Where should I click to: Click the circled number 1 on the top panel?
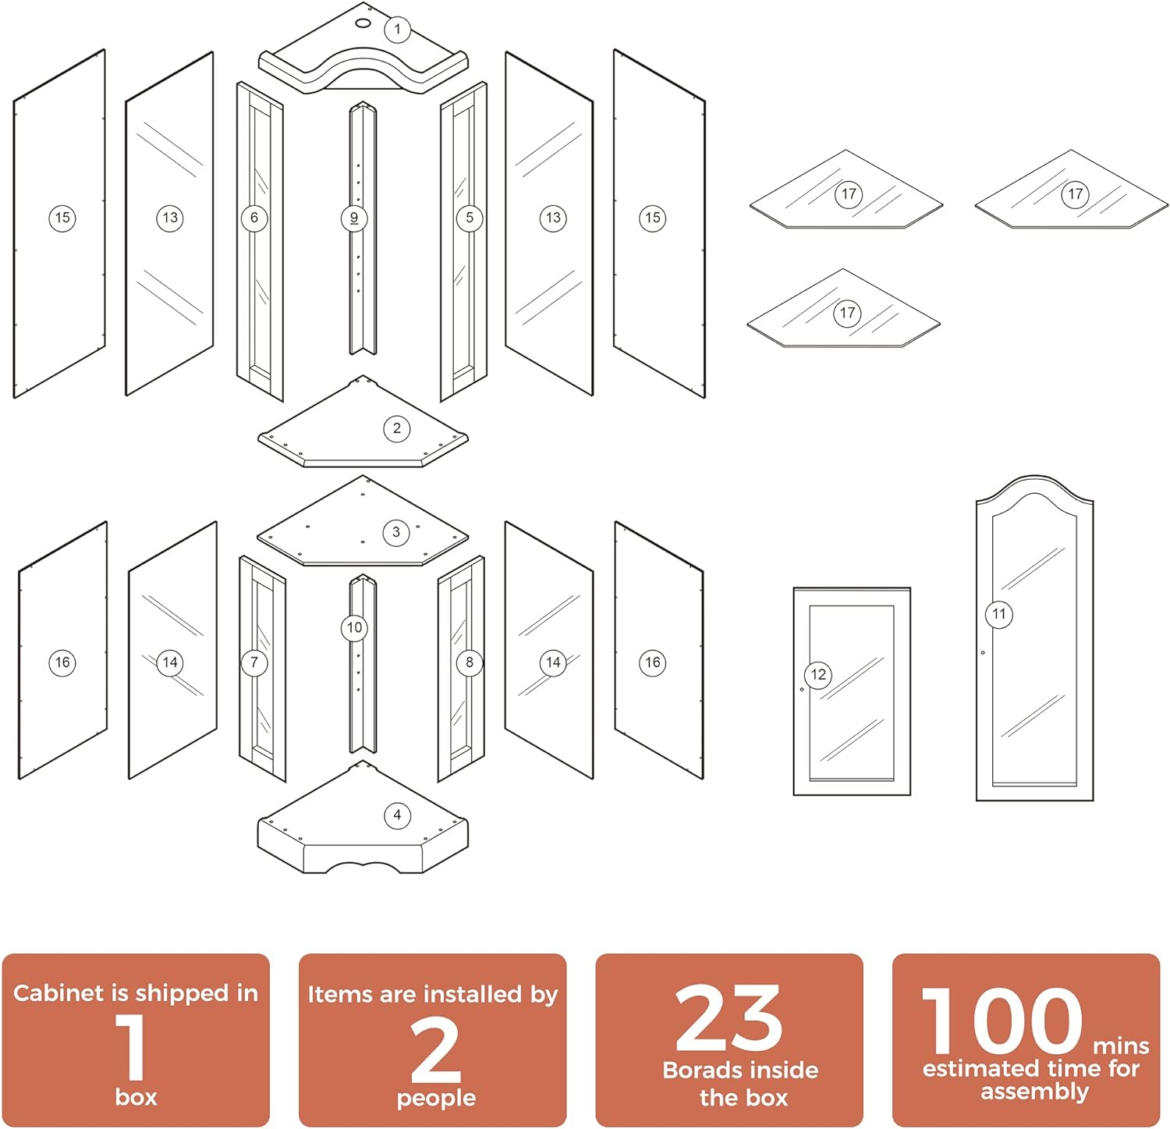tap(397, 30)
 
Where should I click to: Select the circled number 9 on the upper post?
tap(354, 218)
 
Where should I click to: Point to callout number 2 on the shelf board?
tap(397, 428)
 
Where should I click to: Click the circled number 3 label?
tap(396, 532)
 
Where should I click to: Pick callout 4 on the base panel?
tap(397, 815)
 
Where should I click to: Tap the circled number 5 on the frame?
tap(470, 218)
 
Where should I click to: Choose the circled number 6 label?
tap(254, 218)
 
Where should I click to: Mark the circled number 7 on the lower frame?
tap(254, 662)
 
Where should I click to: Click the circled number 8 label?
tap(470, 662)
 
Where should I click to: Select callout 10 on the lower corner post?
tap(355, 627)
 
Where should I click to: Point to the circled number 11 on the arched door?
tap(999, 614)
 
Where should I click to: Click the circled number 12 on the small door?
tap(818, 675)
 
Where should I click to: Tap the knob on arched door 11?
tap(983, 653)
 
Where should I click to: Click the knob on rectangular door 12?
tap(802, 690)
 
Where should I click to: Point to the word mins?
tap(1121, 1046)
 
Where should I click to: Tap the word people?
tap(436, 1099)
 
